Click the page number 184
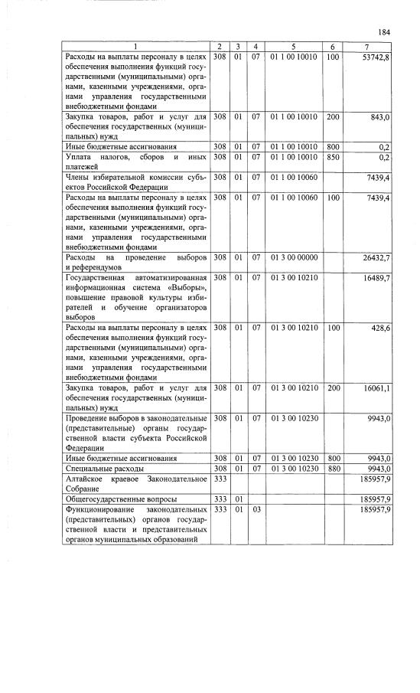tap(384, 31)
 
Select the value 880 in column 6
tap(333, 468)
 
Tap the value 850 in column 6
tap(333, 156)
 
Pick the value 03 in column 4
tap(256, 508)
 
